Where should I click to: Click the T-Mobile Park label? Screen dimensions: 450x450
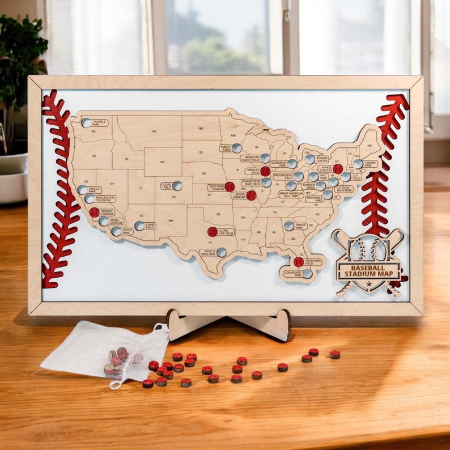99,122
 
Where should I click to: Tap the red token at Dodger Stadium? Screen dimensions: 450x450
94,213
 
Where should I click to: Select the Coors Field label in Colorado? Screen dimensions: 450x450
167,186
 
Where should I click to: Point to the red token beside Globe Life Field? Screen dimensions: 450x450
212,232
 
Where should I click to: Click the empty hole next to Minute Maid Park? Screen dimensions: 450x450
221,252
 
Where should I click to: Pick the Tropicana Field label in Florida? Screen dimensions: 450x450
313,262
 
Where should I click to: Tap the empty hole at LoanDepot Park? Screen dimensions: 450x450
307,274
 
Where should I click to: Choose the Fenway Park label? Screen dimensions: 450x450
371,164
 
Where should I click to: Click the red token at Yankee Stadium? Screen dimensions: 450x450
338,169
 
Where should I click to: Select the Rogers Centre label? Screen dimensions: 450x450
321,159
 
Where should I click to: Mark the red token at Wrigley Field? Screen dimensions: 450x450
265,171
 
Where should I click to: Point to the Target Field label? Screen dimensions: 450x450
226,148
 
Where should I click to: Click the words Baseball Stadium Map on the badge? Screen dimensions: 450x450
368,271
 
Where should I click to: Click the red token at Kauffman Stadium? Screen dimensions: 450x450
230,186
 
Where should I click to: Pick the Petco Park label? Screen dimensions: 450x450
127,231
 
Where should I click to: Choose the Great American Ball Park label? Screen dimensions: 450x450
291,194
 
